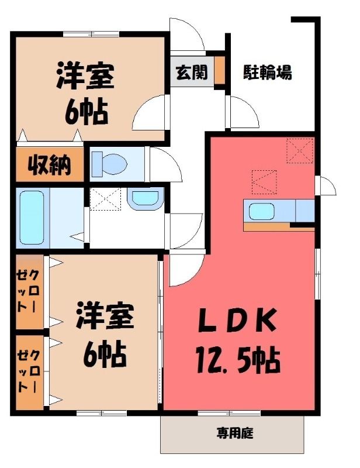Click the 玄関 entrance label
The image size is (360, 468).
[x=192, y=72]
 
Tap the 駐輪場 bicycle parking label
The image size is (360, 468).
[x=268, y=72]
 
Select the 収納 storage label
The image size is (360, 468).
[x=50, y=165]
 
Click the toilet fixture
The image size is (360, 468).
[x=109, y=164]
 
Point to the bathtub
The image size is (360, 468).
[x=32, y=217]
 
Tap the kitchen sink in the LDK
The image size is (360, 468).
[x=262, y=211]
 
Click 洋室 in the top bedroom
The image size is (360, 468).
[x=85, y=75]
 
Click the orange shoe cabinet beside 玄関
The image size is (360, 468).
[x=220, y=70]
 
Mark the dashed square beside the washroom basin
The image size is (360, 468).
[x=106, y=199]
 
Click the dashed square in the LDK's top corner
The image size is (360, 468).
[x=300, y=151]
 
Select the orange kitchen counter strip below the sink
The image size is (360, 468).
[x=279, y=227]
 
